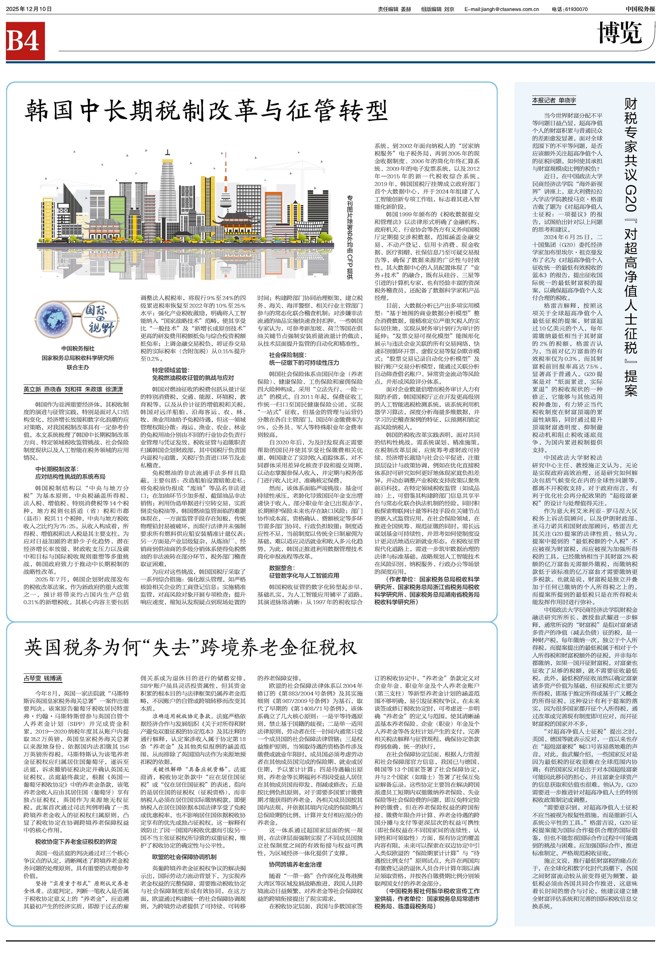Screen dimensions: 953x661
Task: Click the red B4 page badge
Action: tap(25, 41)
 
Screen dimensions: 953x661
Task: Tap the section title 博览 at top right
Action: tap(620, 33)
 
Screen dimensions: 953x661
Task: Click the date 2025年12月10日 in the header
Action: tap(29, 9)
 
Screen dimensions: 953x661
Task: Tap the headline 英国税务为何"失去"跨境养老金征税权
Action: tap(191, 648)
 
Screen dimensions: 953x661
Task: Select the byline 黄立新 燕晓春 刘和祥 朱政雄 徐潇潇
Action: tap(73, 390)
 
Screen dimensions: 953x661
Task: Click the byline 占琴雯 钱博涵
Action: tap(43, 678)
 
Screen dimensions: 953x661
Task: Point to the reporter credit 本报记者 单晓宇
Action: tap(554, 100)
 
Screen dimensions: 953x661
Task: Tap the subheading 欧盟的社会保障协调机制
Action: tap(184, 857)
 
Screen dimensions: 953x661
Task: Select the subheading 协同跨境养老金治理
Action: tap(295, 864)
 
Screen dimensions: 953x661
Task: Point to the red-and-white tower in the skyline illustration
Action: tap(226, 182)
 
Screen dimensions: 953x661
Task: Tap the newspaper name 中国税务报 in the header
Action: tap(640, 9)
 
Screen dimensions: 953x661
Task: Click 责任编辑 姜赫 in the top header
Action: tap(394, 9)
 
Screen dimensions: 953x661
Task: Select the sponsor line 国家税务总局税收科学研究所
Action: tap(77, 358)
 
